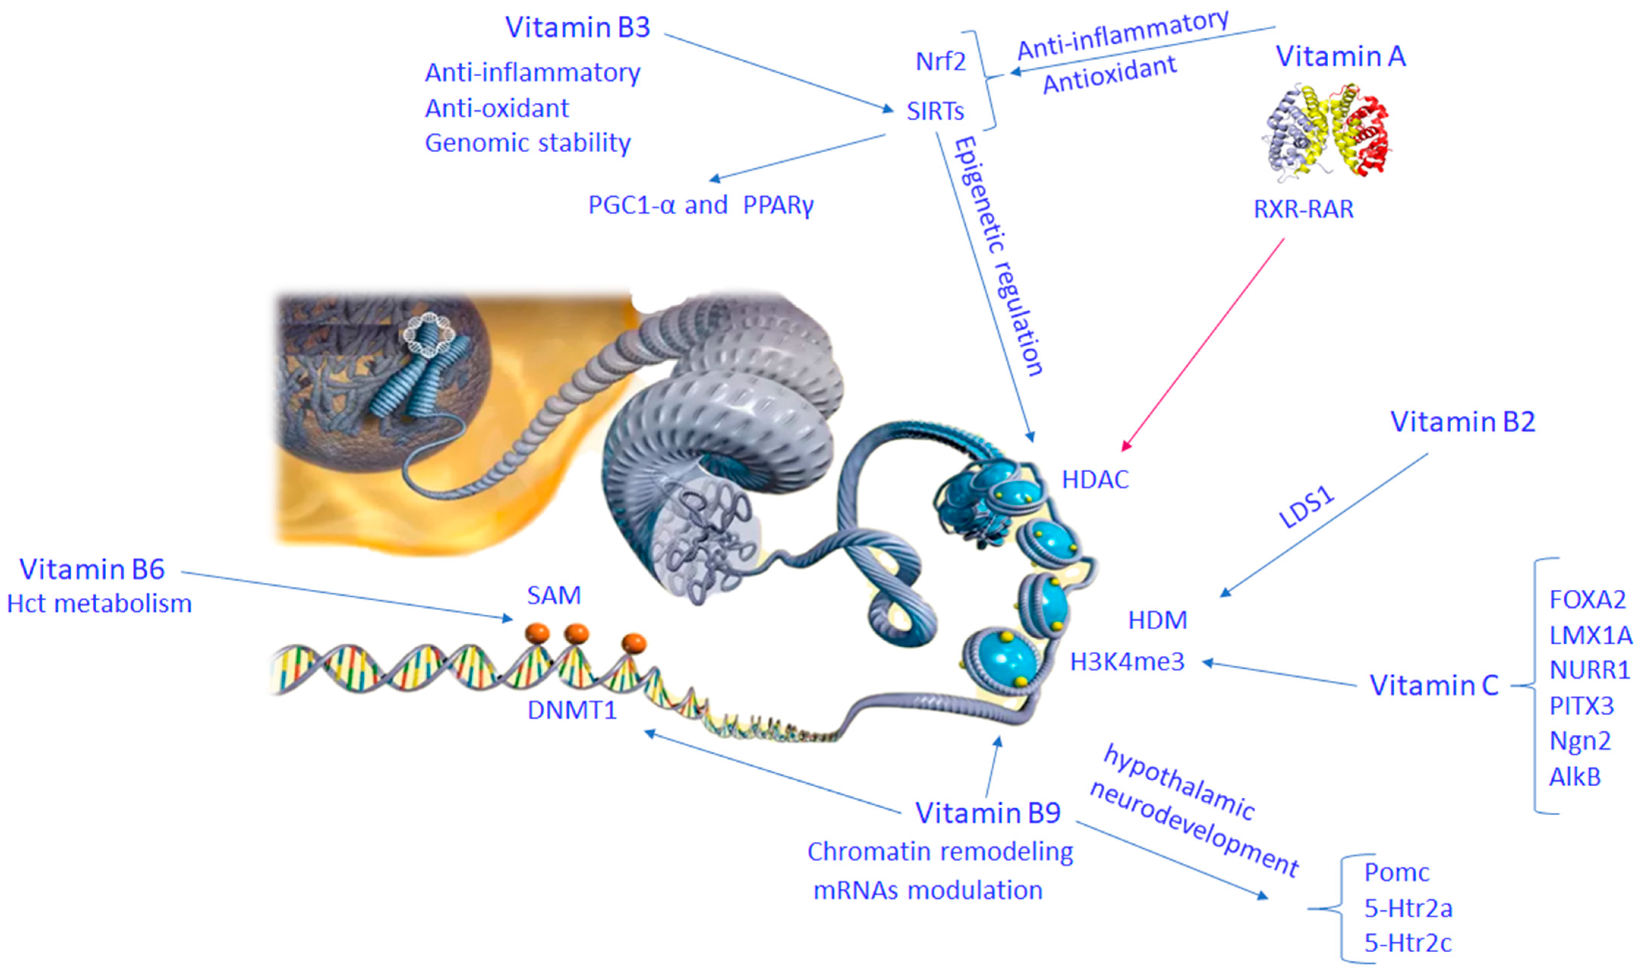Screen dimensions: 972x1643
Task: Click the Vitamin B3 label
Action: pyautogui.click(x=577, y=27)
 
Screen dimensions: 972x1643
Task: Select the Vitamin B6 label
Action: pyautogui.click(x=91, y=569)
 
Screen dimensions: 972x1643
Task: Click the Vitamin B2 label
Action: pyautogui.click(x=1462, y=422)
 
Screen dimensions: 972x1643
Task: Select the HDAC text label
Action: pyautogui.click(x=1095, y=480)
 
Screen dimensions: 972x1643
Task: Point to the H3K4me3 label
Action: pyautogui.click(x=1127, y=661)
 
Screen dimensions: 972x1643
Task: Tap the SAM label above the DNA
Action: pyautogui.click(x=554, y=595)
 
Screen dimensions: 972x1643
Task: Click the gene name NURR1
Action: pyautogui.click(x=1589, y=670)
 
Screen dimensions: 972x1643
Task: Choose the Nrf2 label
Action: pyautogui.click(x=940, y=62)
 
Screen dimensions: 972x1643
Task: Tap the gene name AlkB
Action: pyautogui.click(x=1575, y=777)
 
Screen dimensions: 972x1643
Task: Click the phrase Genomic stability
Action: pyautogui.click(x=528, y=143)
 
